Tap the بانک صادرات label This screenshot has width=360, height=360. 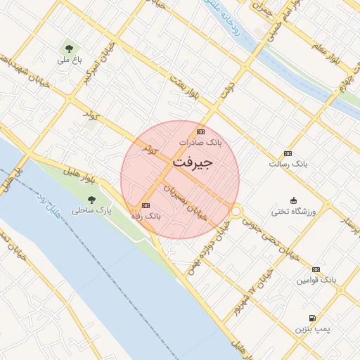point(200,142)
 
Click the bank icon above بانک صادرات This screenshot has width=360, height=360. point(201,131)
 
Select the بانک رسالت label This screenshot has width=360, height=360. point(288,164)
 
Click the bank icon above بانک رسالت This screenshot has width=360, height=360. point(288,153)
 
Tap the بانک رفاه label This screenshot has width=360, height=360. point(146,216)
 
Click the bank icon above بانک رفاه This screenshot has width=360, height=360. point(146,205)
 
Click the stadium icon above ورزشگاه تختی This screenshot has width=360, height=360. point(294,200)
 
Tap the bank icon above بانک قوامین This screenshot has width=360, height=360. point(316,269)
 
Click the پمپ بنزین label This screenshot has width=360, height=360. point(311,328)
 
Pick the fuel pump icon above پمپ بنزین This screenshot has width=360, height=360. point(311,318)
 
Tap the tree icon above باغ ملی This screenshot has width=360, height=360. point(69,48)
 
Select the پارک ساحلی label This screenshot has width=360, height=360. point(93,210)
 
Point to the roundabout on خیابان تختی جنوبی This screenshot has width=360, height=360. point(236,210)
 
